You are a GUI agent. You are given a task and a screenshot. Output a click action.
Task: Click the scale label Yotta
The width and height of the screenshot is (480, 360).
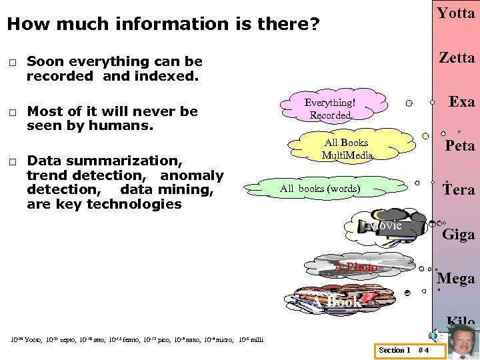456,13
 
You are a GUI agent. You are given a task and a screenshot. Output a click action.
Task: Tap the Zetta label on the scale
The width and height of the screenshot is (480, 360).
456,57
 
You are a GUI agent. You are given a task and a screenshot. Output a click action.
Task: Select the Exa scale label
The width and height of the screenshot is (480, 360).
461,102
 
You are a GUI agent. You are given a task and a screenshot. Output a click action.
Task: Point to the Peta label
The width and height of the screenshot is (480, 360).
460,146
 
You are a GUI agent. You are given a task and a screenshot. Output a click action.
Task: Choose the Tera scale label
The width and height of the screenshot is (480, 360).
459,190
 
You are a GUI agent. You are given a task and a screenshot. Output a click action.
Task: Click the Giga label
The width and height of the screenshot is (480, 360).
459,235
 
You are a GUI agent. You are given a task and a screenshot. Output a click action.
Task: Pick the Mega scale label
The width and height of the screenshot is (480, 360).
456,279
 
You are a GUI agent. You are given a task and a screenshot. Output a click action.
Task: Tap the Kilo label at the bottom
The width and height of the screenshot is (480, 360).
461,322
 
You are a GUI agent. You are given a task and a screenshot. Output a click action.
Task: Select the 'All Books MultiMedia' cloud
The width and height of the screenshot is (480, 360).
347,149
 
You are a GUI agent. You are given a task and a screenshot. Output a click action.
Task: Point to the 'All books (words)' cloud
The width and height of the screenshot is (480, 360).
320,189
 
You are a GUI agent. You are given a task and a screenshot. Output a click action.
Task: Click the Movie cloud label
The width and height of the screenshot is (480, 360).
385,225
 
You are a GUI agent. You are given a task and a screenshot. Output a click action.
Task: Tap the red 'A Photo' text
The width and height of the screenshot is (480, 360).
356,267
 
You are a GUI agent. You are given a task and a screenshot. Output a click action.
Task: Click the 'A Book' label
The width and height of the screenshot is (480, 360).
336,302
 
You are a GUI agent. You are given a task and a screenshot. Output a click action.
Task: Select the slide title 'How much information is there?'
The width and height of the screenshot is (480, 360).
163,25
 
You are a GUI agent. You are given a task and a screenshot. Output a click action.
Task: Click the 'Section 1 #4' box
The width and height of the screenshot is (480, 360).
403,350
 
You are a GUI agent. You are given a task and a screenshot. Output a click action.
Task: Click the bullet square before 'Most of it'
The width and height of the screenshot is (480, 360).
11,112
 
